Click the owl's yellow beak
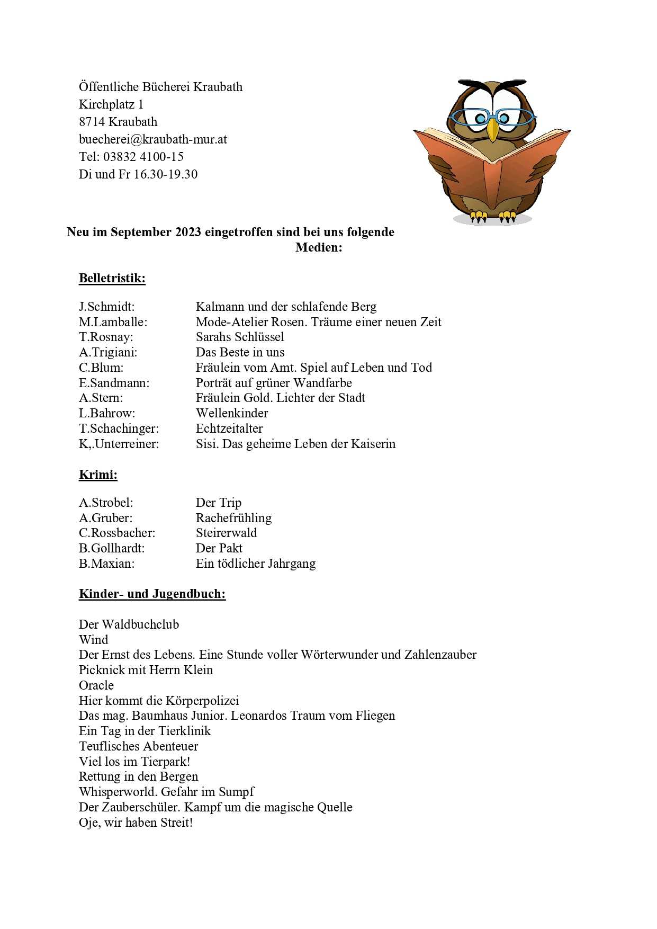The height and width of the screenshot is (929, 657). click(x=492, y=129)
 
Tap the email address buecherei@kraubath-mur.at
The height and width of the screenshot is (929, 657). click(x=153, y=139)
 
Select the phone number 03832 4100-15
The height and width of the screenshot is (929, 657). click(x=143, y=157)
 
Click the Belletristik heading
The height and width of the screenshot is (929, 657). click(x=112, y=279)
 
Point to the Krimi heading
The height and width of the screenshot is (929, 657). click(x=98, y=475)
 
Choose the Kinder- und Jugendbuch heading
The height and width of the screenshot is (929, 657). click(x=152, y=594)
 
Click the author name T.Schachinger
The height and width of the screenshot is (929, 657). click(x=119, y=428)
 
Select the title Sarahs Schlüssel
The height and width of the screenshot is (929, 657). click(x=240, y=337)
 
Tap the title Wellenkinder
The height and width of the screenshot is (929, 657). click(x=232, y=413)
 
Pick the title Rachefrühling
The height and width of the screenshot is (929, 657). click(x=233, y=518)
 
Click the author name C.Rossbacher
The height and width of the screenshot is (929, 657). click(x=117, y=533)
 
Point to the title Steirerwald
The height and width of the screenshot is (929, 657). click(x=226, y=533)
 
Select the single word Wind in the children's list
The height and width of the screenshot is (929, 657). click(x=94, y=640)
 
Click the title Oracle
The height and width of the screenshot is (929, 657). click(x=96, y=685)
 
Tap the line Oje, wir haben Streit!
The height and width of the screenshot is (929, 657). click(x=136, y=823)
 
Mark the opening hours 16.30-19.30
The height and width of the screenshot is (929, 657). click(x=166, y=174)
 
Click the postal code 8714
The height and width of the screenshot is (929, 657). click(x=92, y=122)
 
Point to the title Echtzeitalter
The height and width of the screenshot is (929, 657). click(x=229, y=428)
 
